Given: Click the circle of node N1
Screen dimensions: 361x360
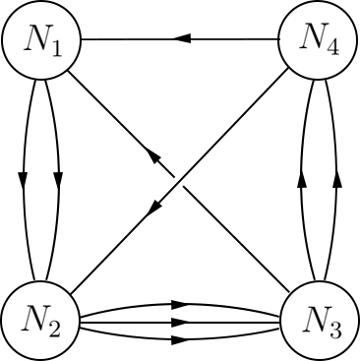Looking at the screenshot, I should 40,40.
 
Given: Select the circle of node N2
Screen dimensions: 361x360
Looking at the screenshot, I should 40,320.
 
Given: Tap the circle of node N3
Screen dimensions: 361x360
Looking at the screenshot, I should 319,320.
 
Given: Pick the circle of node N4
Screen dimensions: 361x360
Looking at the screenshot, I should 319,40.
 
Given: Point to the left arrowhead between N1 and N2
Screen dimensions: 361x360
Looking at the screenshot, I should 23,180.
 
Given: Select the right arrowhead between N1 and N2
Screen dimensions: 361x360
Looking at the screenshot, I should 58,180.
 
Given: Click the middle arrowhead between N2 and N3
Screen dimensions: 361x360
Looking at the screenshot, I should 180,321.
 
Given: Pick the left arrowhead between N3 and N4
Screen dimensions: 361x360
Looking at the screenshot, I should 302,180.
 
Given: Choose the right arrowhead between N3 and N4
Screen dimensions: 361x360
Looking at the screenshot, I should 336,180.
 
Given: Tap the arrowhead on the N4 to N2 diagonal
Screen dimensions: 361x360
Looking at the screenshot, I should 155,206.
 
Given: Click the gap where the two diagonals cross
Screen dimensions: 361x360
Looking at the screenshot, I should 180,181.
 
